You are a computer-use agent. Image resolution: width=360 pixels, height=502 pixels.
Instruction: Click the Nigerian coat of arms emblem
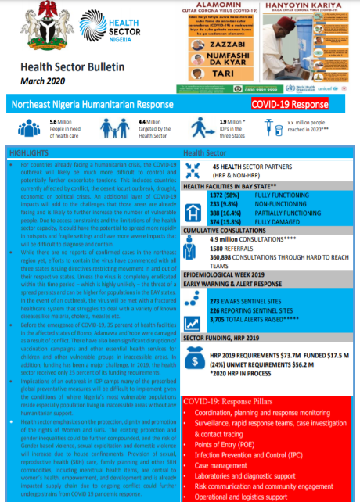tap(40, 29)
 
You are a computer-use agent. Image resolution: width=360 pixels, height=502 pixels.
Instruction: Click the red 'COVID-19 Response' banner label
tap(290, 104)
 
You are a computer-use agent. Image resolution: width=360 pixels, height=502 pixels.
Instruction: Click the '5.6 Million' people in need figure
tap(59, 122)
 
